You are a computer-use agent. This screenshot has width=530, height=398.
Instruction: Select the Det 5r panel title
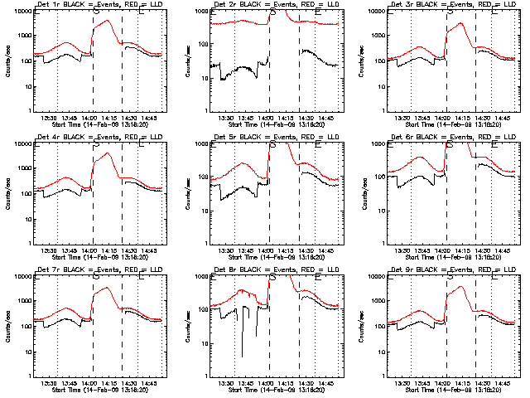274,138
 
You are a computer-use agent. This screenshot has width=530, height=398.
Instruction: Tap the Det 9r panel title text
452,271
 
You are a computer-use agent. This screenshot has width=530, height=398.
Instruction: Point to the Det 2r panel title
274,6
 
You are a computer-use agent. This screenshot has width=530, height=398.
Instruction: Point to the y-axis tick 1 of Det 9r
387,376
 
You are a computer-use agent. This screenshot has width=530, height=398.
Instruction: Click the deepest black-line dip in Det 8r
243,357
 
